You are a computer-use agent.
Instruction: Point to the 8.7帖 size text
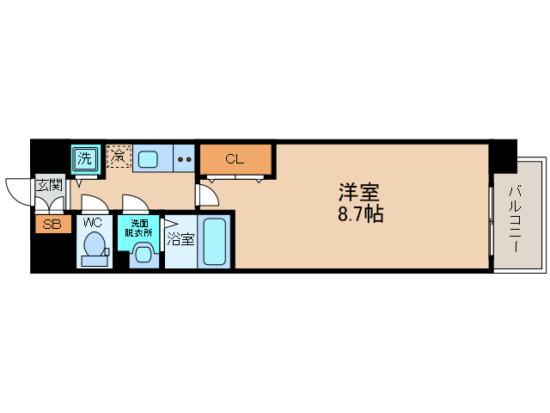click(360, 215)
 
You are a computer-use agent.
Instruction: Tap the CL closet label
click(235, 159)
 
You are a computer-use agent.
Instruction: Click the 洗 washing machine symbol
click(84, 157)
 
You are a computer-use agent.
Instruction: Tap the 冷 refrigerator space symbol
click(118, 157)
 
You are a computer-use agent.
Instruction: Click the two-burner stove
click(183, 158)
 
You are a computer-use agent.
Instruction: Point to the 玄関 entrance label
click(48, 184)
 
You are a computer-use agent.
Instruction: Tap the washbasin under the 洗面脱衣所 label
click(143, 254)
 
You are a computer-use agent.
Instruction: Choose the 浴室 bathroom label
click(180, 238)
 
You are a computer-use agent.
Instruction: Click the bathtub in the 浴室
click(215, 243)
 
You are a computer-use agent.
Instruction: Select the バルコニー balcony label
click(516, 219)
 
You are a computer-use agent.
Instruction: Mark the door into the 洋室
click(205, 196)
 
